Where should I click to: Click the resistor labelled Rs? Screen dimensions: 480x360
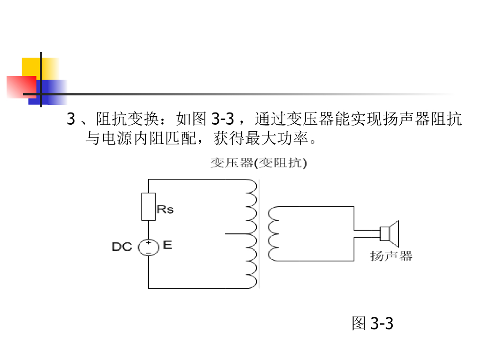[148, 206]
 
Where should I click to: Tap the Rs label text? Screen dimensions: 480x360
[165, 209]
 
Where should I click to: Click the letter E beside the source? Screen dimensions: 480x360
[167, 245]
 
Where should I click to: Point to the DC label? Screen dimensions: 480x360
[122, 247]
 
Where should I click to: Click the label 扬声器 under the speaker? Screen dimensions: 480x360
[391, 256]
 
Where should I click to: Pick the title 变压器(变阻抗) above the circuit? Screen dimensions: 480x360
[258, 164]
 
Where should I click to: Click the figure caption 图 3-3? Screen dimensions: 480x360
[373, 323]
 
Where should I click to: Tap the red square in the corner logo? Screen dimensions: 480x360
[19, 87]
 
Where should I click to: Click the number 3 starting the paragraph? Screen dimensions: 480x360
[71, 120]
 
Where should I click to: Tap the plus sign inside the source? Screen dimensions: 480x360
[148, 243]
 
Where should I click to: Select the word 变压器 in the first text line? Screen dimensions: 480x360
[311, 120]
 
